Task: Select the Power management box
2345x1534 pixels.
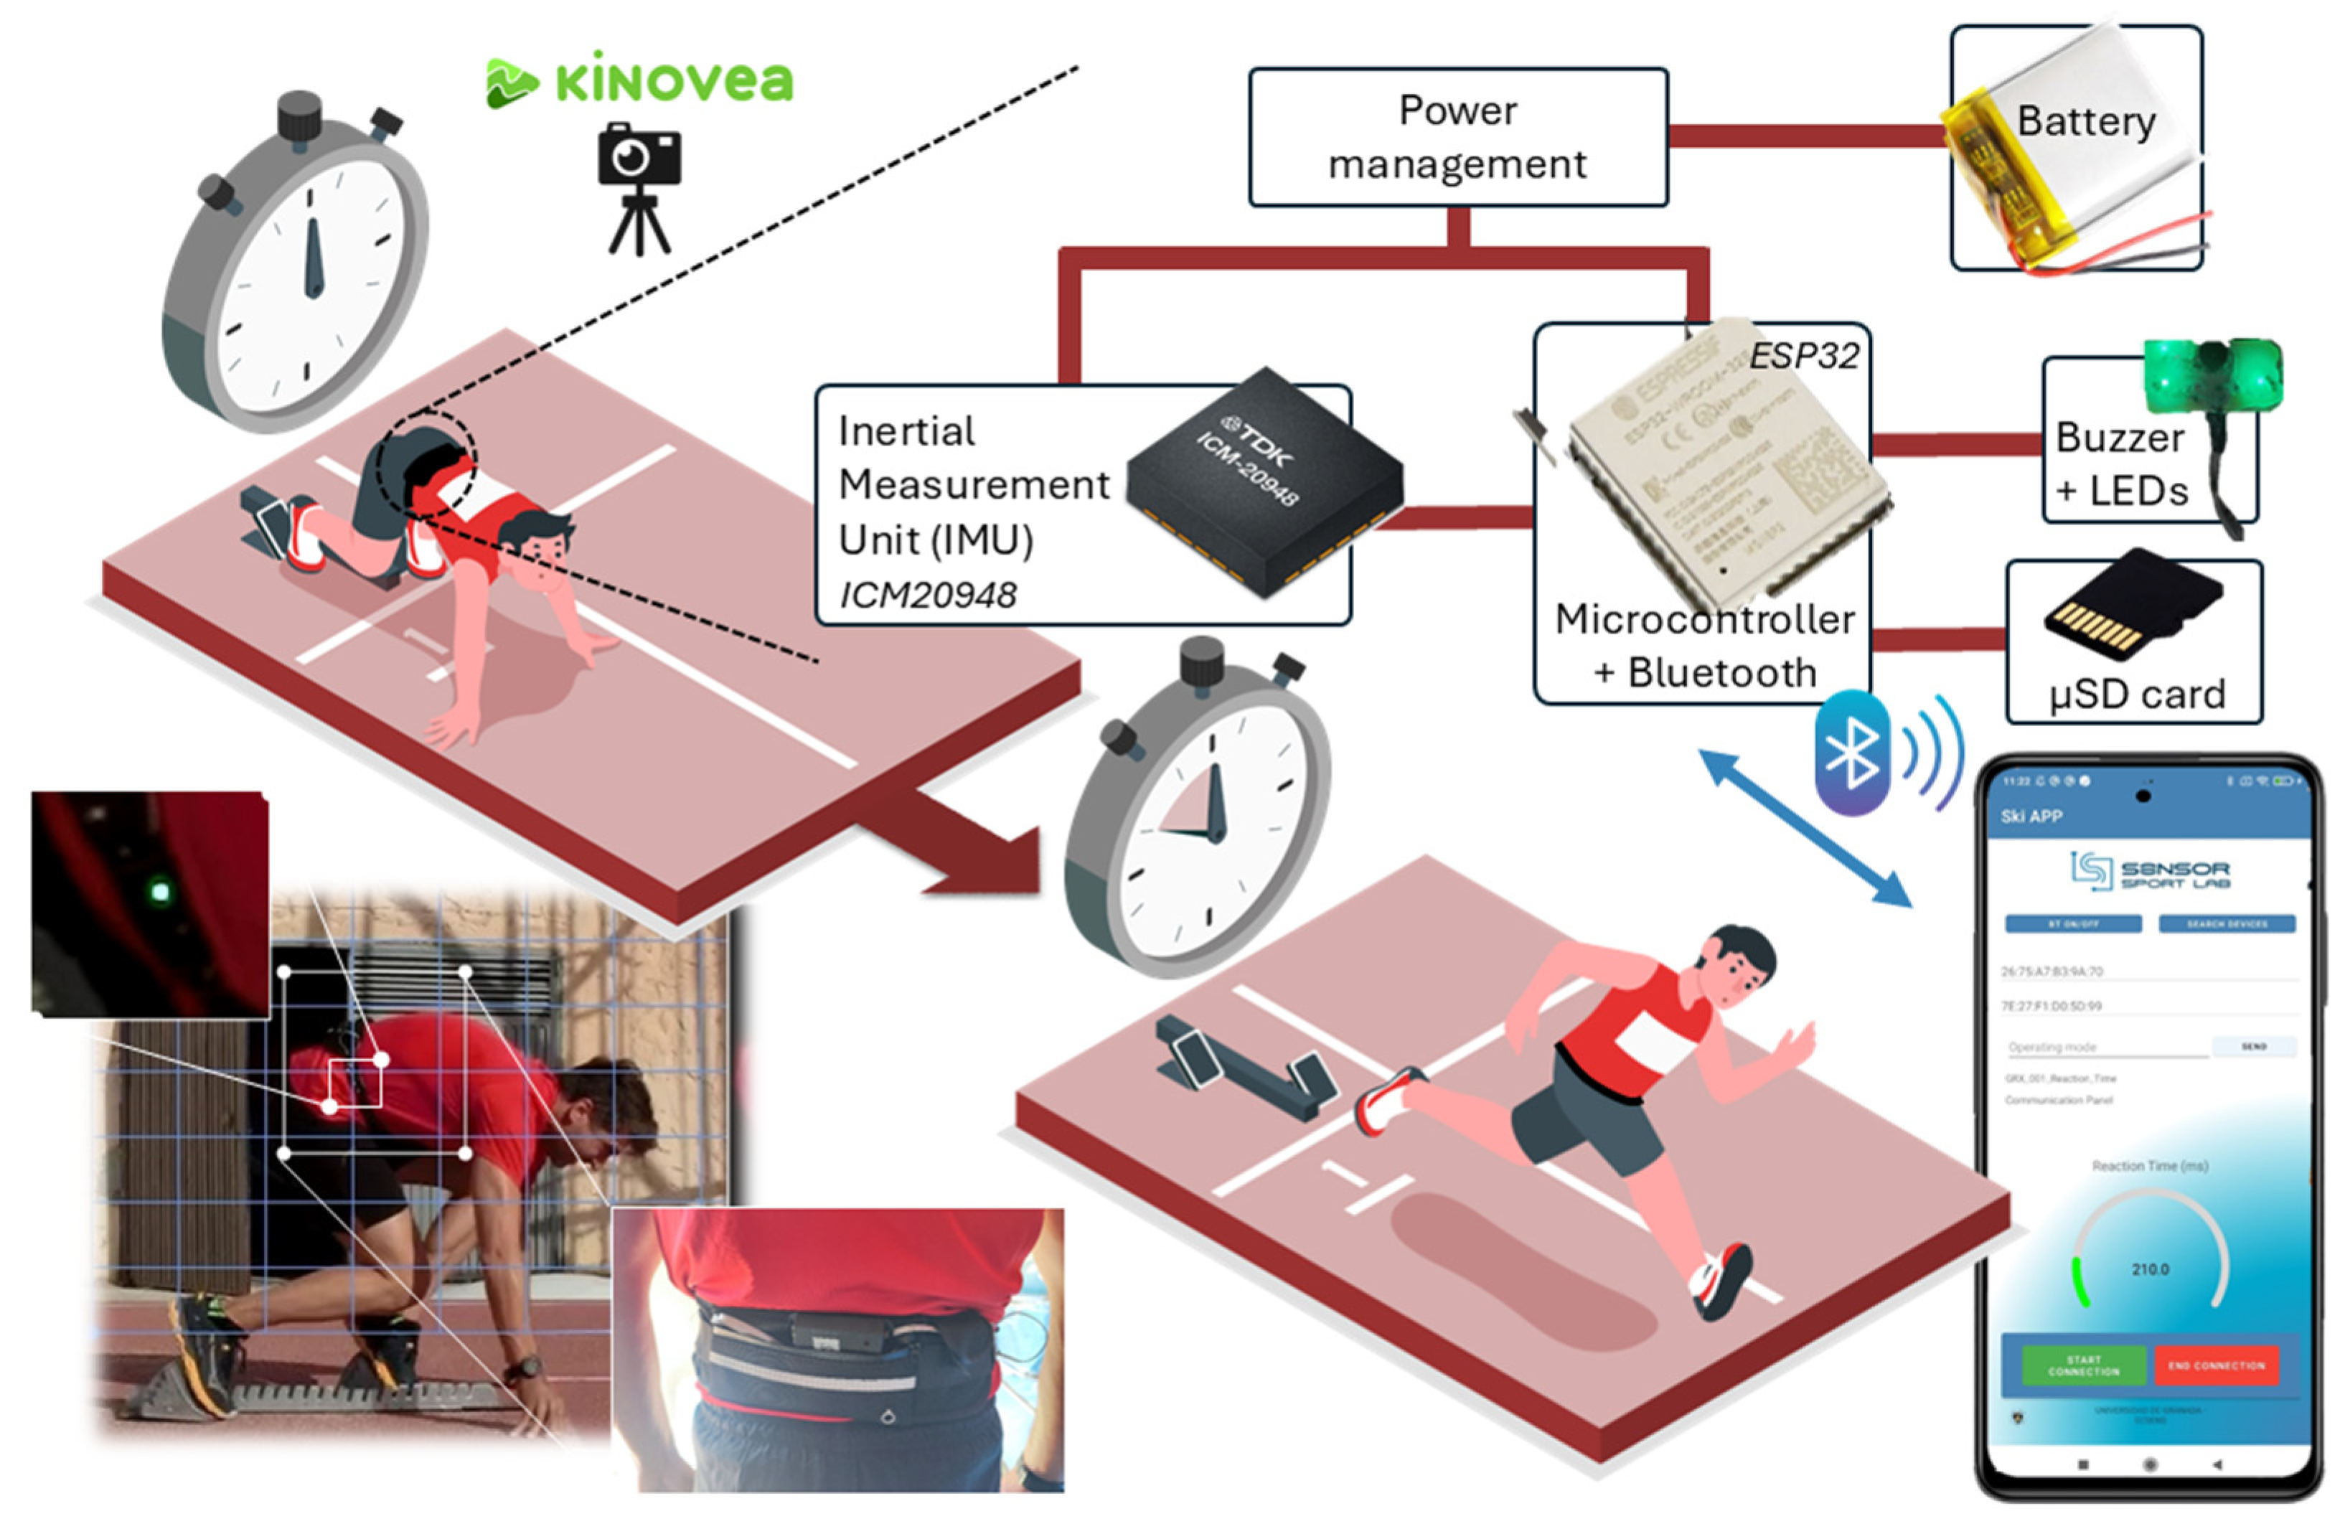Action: coord(1457,137)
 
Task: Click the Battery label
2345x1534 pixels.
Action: coord(2086,121)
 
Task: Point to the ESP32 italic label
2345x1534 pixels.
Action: coord(1803,356)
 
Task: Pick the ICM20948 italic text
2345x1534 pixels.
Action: coord(927,595)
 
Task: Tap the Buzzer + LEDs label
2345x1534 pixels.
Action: coord(2121,463)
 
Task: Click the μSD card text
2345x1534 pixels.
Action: coord(2136,694)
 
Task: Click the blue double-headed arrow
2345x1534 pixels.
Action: coord(1805,827)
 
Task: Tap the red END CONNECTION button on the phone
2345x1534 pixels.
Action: coord(2216,1365)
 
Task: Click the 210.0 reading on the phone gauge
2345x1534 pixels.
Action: coord(2149,1269)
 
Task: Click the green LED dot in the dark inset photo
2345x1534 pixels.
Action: coord(159,893)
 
